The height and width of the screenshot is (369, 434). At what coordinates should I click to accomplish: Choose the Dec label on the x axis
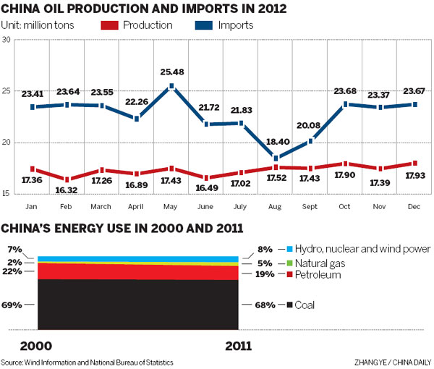click(x=416, y=206)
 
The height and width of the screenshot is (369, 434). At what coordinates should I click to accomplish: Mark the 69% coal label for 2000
click(x=12, y=305)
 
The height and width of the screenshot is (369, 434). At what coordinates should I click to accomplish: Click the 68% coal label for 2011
click(x=263, y=305)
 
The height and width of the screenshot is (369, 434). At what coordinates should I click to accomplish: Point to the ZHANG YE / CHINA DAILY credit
click(x=393, y=362)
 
